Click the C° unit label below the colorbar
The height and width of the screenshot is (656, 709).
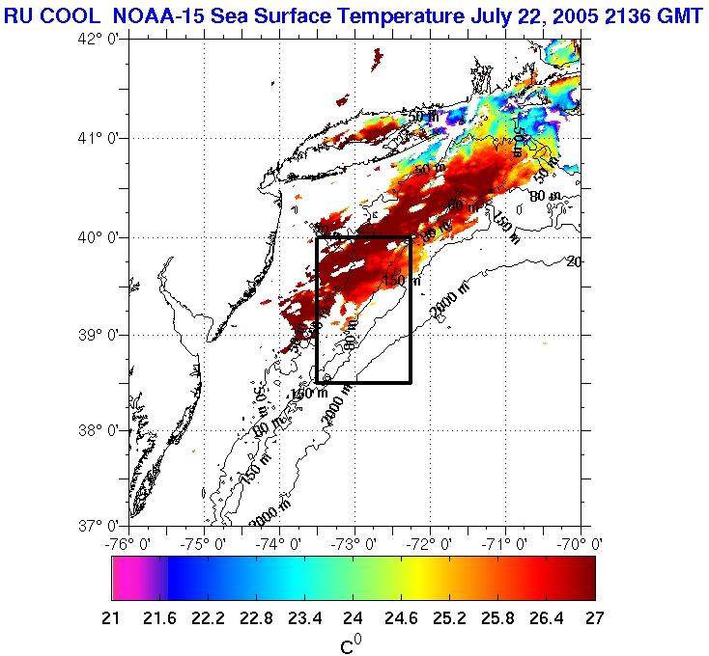351,642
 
